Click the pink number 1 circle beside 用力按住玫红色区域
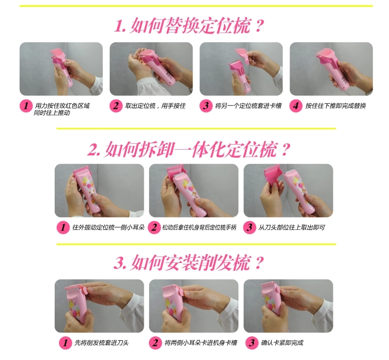coord(26,106)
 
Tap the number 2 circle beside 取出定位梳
coord(116,106)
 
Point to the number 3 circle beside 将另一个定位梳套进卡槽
coord(206,106)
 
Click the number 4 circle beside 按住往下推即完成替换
coord(296,106)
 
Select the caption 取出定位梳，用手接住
coord(155,106)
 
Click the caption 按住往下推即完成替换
coord(336,106)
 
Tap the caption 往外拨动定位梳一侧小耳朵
coord(108,227)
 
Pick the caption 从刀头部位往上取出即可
coord(292,227)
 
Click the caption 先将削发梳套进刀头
coord(101,343)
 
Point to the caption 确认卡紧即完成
coord(282,343)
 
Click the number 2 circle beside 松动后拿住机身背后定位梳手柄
coord(154,228)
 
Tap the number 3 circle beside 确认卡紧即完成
coord(252,343)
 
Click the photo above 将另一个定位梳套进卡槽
coord(241,69)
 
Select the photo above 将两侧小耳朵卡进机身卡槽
coord(194,306)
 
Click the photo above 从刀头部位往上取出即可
coord(288,191)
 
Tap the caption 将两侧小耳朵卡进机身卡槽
coord(201,343)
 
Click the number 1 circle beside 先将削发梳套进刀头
coord(65,343)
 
